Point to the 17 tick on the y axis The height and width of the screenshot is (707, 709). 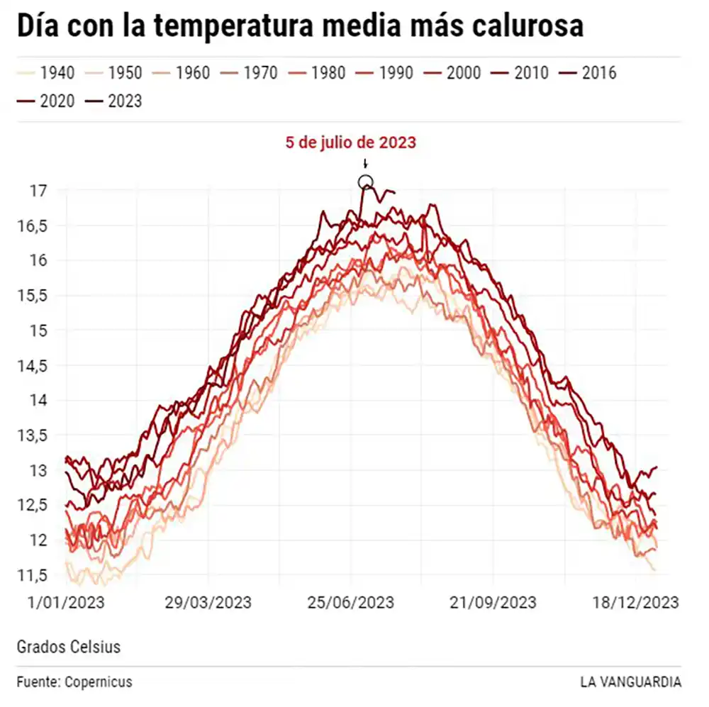pyautogui.click(x=38, y=190)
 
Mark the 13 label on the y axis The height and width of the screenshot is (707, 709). pyautogui.click(x=38, y=470)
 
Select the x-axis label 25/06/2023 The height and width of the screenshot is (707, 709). pyautogui.click(x=350, y=603)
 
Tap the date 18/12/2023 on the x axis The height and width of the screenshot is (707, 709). pyautogui.click(x=636, y=603)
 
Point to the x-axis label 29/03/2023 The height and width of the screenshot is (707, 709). pyautogui.click(x=208, y=603)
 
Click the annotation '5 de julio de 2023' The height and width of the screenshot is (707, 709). pyautogui.click(x=350, y=143)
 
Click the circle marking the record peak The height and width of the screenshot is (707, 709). pyautogui.click(x=365, y=182)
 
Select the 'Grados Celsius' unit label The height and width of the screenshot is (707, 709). pyautogui.click(x=68, y=647)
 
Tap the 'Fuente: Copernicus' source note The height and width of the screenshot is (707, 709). pyautogui.click(x=74, y=682)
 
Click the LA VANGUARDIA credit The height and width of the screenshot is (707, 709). pyautogui.click(x=630, y=682)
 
